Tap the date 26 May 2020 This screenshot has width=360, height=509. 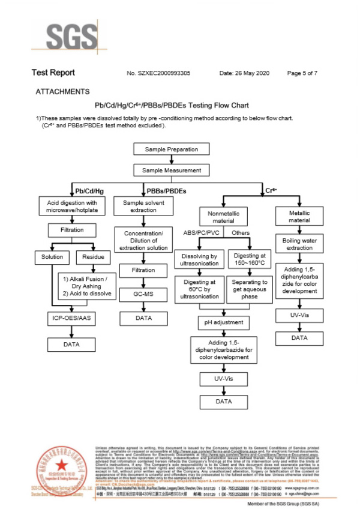pyautogui.click(x=245, y=73)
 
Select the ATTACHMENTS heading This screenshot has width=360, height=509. pyautogui.click(x=62, y=92)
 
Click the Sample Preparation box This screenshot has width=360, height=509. pyautogui.click(x=172, y=149)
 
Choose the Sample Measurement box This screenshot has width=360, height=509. pyautogui.click(x=172, y=170)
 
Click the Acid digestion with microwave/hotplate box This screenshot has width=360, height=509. pyautogui.click(x=71, y=206)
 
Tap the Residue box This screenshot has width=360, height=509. pyautogui.click(x=92, y=257)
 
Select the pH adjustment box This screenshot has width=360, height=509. pyautogui.click(x=223, y=323)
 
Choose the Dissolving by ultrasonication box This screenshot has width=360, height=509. pyautogui.click(x=199, y=259)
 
